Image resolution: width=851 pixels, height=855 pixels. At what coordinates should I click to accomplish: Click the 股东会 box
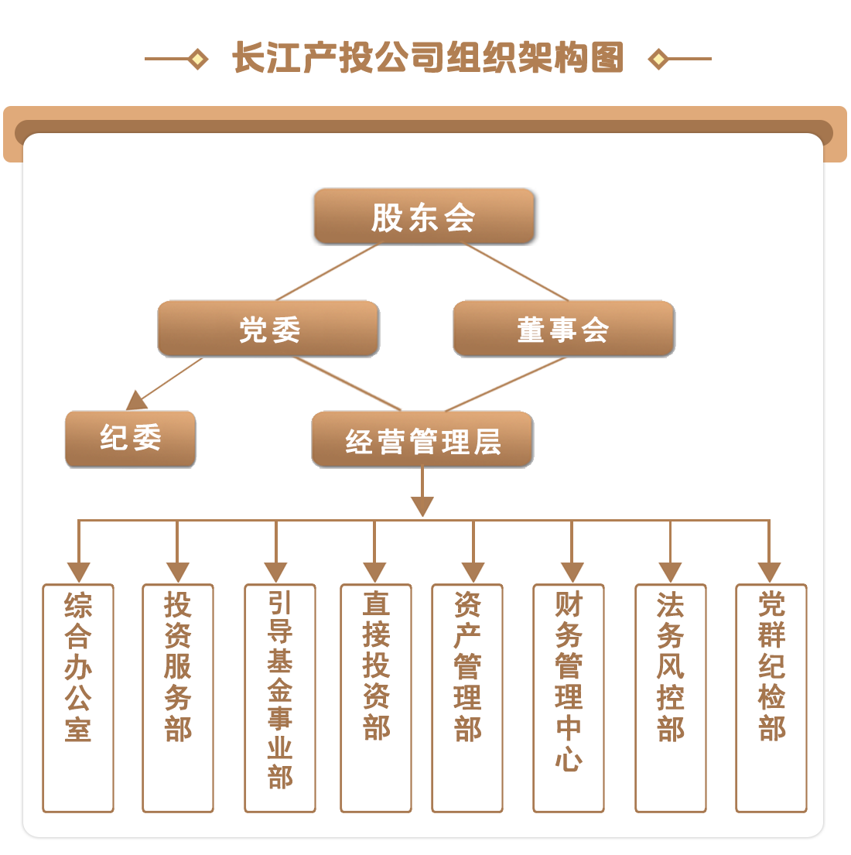click(424, 217)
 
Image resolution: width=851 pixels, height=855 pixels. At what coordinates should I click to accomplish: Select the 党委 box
click(268, 330)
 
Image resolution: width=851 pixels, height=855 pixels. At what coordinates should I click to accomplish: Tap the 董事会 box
click(563, 330)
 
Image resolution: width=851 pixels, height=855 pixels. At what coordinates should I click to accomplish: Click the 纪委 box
click(130, 439)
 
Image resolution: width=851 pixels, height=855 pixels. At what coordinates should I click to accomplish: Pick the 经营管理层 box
click(422, 440)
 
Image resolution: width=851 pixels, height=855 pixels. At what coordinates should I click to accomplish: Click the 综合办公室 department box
click(78, 697)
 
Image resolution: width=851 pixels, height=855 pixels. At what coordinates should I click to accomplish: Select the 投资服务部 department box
click(178, 697)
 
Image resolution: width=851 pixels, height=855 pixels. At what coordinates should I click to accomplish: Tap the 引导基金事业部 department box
click(280, 697)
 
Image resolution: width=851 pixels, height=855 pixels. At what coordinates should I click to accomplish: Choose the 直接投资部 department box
click(376, 697)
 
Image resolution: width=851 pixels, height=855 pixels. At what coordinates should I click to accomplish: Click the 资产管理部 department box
click(467, 697)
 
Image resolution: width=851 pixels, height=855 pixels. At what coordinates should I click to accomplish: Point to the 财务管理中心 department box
click(569, 697)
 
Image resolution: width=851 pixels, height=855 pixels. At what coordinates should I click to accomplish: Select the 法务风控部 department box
click(671, 697)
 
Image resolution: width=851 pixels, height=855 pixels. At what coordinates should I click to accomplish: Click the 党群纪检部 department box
click(771, 697)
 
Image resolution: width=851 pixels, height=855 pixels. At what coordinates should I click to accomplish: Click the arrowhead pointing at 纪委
click(137, 401)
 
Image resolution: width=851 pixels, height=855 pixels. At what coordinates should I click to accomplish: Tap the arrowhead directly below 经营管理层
click(422, 506)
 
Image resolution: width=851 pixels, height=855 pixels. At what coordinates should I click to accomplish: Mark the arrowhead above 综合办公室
click(78, 572)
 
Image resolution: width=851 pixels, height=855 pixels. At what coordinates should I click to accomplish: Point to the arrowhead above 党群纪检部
click(769, 572)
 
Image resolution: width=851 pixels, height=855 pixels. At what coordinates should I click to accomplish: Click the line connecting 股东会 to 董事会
click(516, 272)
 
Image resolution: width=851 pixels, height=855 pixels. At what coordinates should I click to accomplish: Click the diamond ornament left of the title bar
click(198, 59)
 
